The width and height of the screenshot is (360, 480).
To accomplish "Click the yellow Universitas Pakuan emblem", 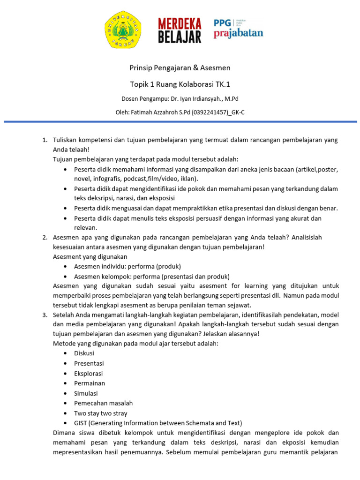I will tap(122, 30).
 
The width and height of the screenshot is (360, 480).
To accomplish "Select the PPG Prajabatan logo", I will tap(238, 29).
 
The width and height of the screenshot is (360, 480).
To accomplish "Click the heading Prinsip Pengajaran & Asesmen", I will tap(180, 68).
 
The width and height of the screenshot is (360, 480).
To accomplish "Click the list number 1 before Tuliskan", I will tap(45, 140).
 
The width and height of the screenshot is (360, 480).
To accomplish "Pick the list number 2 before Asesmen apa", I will tap(45, 238).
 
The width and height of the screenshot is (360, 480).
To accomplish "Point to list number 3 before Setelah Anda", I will tap(45, 315).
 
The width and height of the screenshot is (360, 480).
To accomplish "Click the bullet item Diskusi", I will tap(84, 353).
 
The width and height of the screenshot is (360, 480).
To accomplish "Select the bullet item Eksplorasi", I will tap(88, 374).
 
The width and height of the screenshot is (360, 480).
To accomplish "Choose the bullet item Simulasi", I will tap(86, 393).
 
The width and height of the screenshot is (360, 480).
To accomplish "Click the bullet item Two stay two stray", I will tap(100, 413).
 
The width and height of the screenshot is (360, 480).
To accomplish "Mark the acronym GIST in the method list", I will tap(82, 423).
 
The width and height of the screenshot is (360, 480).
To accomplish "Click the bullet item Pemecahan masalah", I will tap(103, 403).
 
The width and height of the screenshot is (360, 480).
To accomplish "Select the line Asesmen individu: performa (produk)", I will tap(127, 266).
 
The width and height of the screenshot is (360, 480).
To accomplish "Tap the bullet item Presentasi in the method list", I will tap(89, 363).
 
